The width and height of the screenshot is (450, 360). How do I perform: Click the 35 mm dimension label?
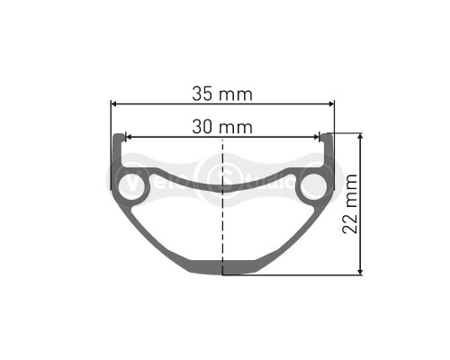coord(221,94)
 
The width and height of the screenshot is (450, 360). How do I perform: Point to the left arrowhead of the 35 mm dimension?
coord(114,103)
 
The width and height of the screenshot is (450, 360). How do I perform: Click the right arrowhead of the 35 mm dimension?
coord(330,103)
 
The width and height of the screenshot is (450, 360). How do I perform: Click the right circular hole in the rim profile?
coord(315,186)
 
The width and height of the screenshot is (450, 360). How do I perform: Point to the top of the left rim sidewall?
coord(117,138)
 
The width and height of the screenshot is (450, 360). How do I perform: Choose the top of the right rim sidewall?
coord(327,138)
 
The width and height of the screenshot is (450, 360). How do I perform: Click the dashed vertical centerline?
coord(221,225)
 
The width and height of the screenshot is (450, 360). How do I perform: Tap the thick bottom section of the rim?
coord(221,266)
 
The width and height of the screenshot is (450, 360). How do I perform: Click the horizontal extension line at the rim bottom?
coord(297,275)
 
